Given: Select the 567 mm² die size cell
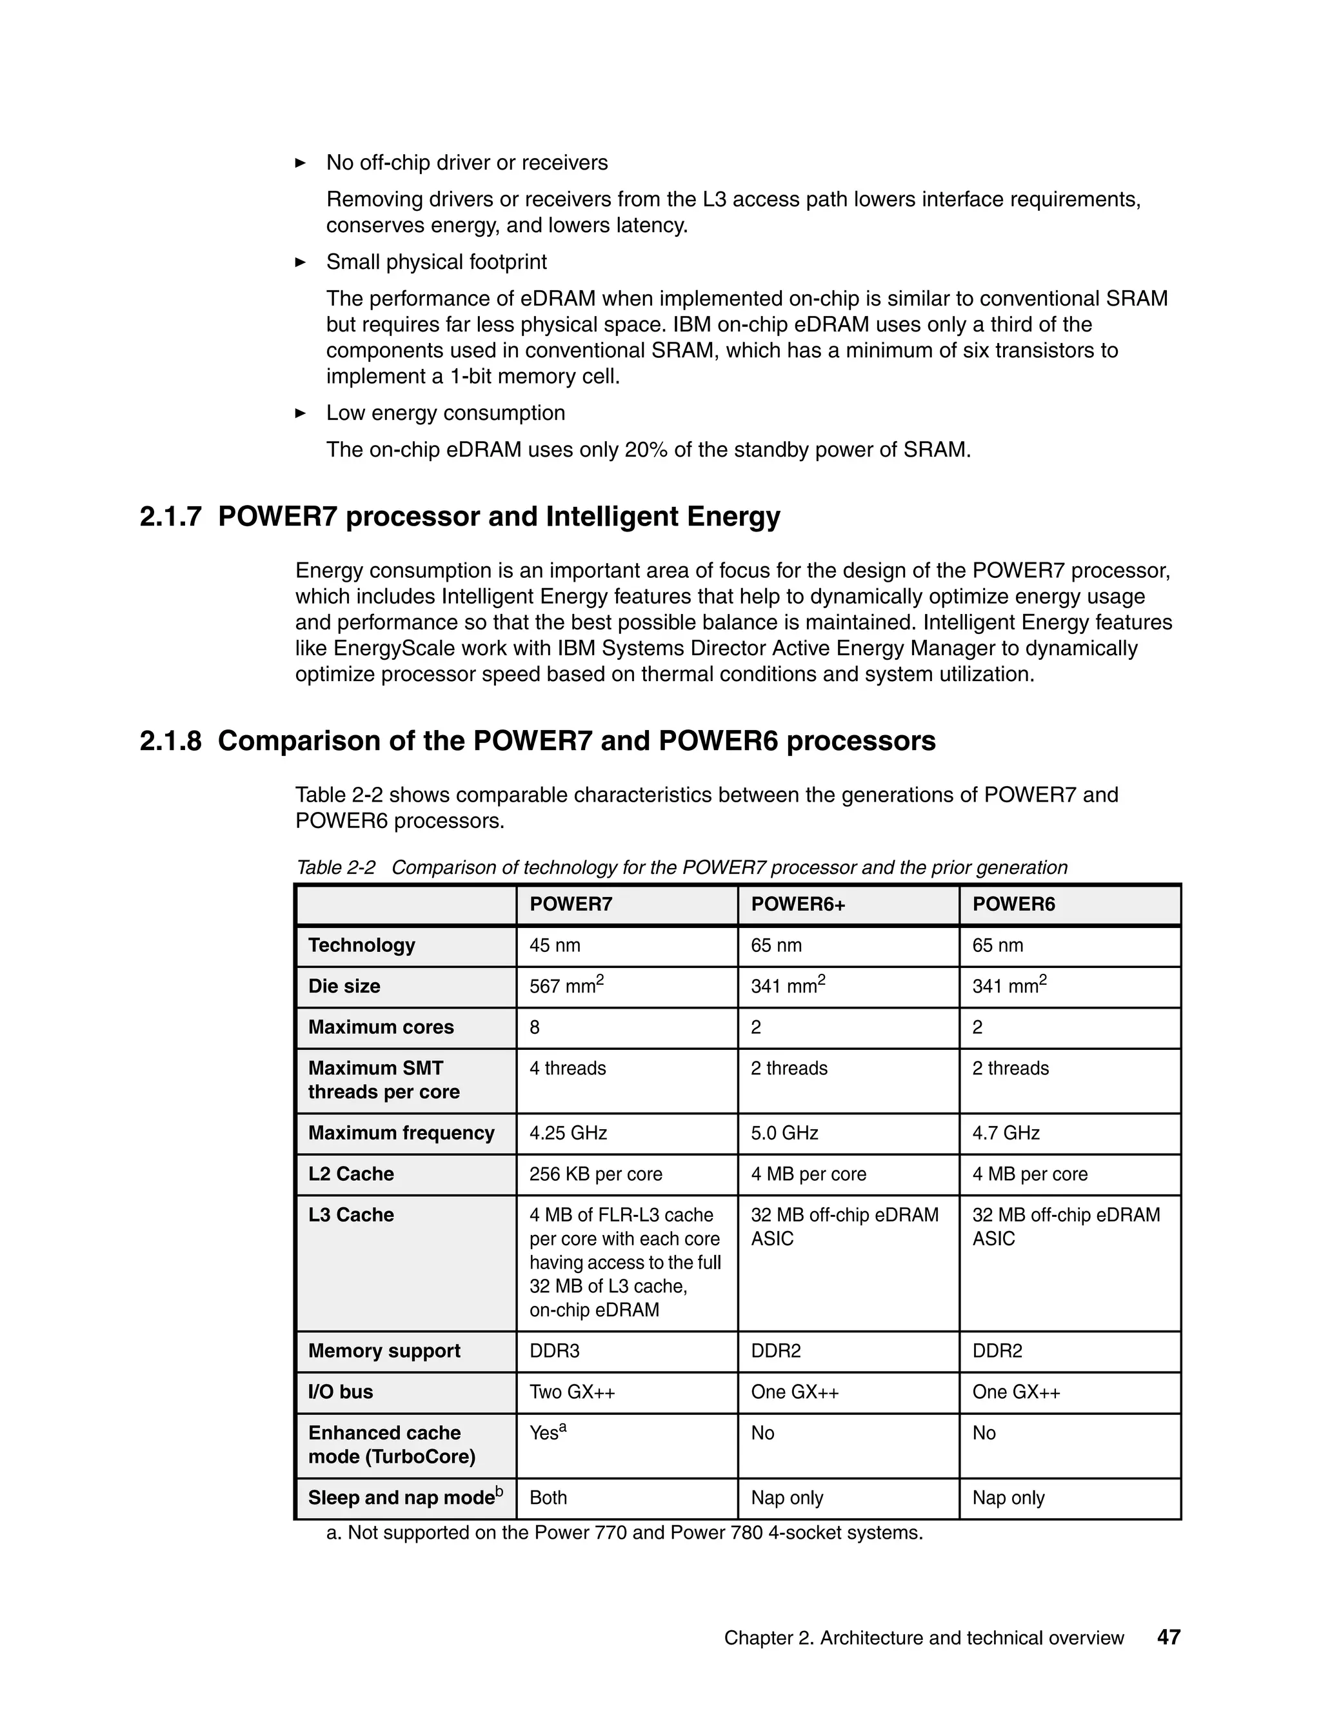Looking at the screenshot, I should coord(566,986).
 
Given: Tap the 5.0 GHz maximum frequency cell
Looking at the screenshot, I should coord(784,1133).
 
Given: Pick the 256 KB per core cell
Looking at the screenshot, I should coord(595,1174).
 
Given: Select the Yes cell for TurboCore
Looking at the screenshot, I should coord(547,1433).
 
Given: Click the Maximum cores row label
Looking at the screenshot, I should coord(381,1027).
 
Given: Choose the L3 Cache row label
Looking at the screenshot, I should coord(351,1215).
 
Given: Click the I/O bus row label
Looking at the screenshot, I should coord(341,1392).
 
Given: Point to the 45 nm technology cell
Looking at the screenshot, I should coord(555,945).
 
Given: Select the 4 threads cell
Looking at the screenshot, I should coord(568,1068).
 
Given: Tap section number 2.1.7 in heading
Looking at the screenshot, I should coord(170,517).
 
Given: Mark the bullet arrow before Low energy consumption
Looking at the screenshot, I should coord(301,413).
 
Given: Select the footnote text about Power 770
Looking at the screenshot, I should coord(624,1533).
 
